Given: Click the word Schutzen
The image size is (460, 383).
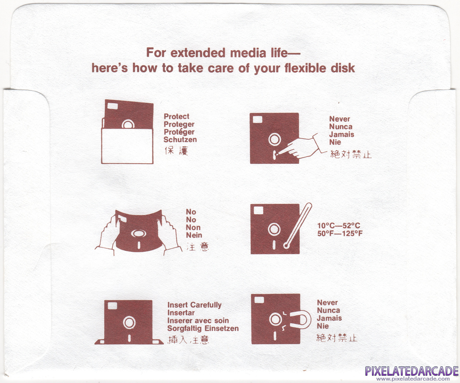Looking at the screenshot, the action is pos(180,139).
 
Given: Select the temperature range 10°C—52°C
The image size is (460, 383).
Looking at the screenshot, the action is pos(339,226).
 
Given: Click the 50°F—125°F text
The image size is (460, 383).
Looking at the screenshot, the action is pos(340,234).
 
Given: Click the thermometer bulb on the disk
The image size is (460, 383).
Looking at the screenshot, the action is pos(286,245).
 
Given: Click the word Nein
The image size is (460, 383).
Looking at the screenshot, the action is pos(194,235).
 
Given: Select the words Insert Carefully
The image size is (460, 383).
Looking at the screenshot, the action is pos(195,305).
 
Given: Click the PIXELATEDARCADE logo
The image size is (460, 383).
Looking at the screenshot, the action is pos(412,371).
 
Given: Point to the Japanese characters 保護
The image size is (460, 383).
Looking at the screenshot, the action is pos(176,151).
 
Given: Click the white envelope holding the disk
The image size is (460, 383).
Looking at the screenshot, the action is pos(127,146).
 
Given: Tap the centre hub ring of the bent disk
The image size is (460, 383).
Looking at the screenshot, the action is pos(139,233).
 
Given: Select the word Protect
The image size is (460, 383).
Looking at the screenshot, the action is pos(176,116).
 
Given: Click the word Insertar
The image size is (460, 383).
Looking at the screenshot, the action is pos(181,313).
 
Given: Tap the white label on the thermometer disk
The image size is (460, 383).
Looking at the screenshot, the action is pos(259,210).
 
